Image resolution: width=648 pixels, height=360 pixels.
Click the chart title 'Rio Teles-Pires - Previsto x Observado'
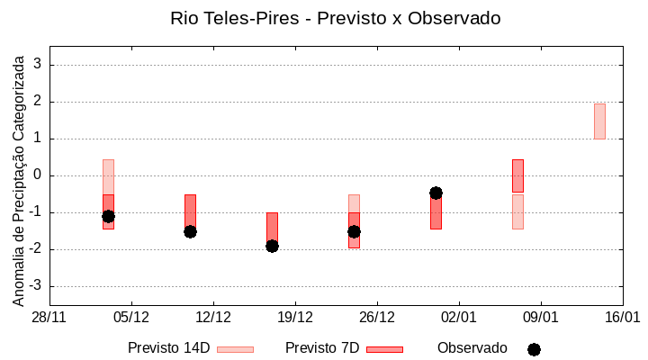tap(336, 18)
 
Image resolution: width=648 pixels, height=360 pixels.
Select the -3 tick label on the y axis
tap(36, 286)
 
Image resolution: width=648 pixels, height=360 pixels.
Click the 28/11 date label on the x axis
tap(49, 317)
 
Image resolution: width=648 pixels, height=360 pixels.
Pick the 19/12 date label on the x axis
tap(295, 317)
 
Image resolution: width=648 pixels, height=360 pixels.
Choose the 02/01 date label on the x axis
tap(459, 317)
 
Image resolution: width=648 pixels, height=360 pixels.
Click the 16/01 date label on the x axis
tap(622, 317)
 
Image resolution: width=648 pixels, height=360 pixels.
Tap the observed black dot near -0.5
tap(436, 193)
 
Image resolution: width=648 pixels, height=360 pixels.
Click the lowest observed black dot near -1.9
tap(272, 246)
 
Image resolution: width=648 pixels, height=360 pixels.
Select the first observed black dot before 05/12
tap(108, 216)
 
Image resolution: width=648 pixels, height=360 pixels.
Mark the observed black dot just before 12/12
tap(190, 231)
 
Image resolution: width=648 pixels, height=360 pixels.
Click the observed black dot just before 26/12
tap(354, 231)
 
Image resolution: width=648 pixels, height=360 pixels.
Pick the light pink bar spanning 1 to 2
tap(599, 121)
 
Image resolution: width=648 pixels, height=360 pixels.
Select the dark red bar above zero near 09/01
tap(517, 175)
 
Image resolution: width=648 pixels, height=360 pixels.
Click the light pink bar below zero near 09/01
tap(517, 211)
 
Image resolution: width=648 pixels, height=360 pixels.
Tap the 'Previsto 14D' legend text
tap(168, 347)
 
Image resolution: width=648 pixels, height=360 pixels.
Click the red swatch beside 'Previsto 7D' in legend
tap(384, 349)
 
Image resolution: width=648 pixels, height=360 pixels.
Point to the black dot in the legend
tap(534, 349)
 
